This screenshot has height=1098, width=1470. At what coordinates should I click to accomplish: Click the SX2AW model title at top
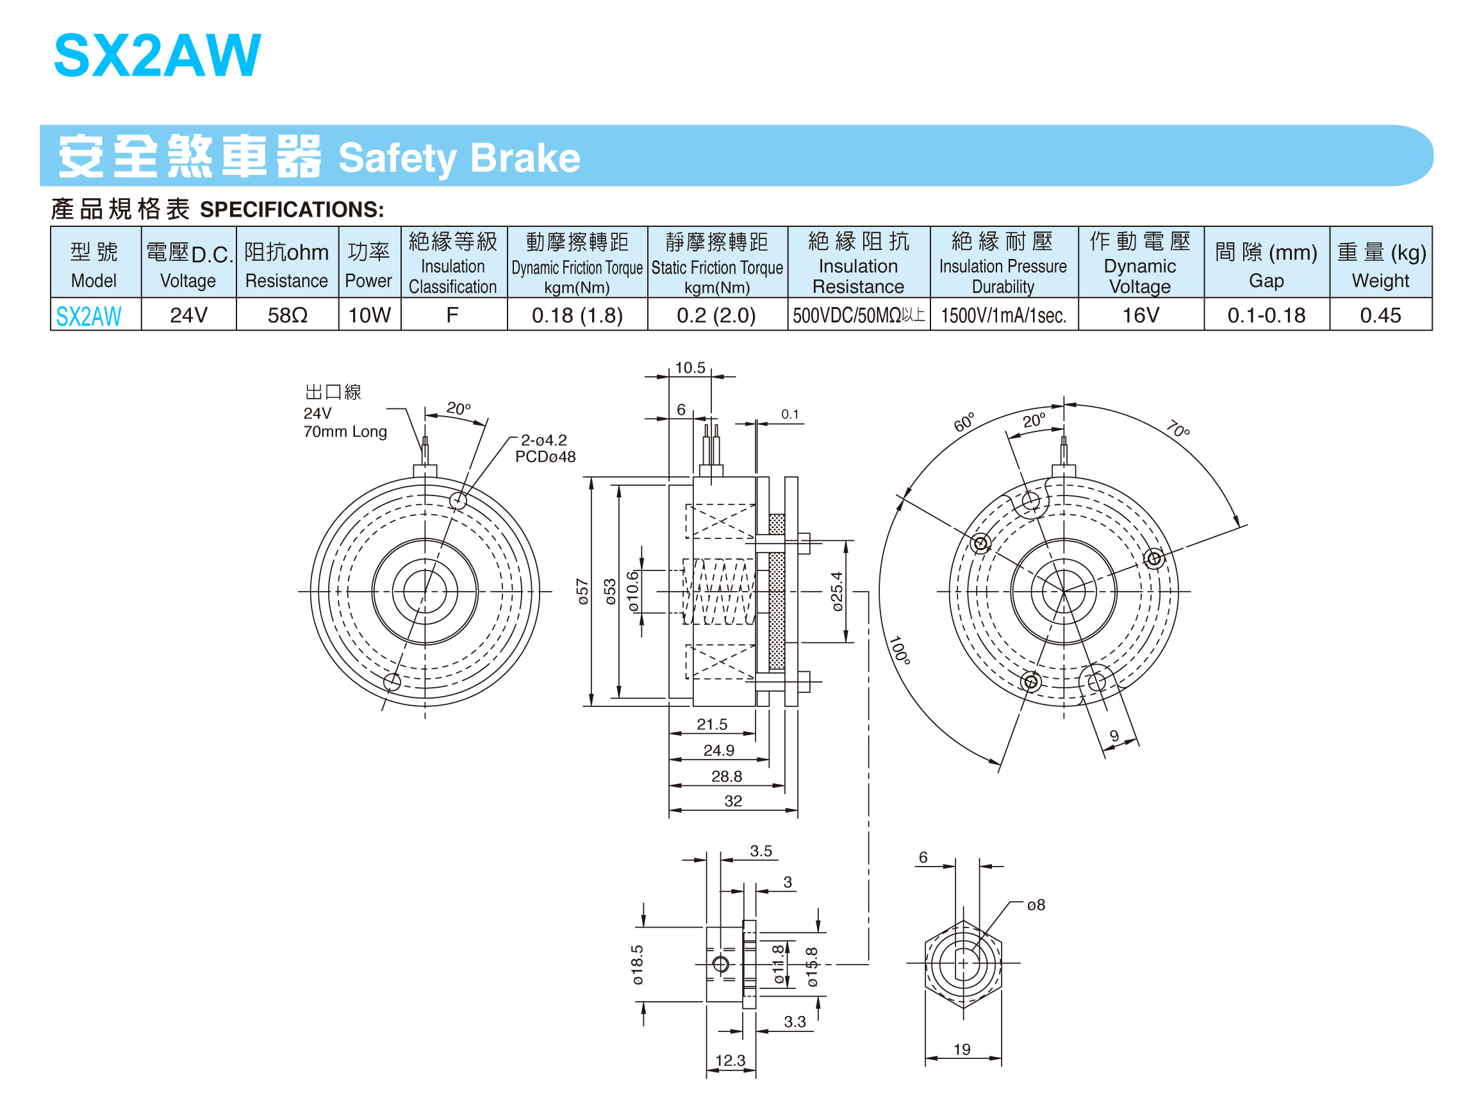[x=158, y=55]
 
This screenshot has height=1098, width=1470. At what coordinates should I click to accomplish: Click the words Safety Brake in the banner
[x=459, y=158]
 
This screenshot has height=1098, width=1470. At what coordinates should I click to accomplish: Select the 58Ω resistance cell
[x=287, y=315]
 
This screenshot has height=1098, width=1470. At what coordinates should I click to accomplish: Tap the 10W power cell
[x=370, y=315]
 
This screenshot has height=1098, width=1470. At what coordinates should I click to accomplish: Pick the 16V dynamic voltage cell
[x=1141, y=315]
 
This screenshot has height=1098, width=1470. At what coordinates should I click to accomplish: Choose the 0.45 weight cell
[x=1380, y=315]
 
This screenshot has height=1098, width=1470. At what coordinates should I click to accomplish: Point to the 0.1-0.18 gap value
[x=1266, y=315]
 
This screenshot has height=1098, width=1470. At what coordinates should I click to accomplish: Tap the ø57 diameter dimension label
[x=583, y=591]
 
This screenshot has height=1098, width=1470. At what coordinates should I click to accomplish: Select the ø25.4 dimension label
[x=838, y=591]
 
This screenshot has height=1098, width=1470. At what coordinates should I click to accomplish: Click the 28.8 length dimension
[x=727, y=776]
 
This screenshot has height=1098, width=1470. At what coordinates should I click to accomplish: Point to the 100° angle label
[x=899, y=650]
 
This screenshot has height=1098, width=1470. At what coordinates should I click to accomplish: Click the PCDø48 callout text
[x=545, y=456]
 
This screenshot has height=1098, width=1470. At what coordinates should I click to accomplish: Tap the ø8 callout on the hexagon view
[x=1036, y=904]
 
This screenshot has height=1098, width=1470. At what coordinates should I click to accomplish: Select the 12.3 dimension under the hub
[x=731, y=1060]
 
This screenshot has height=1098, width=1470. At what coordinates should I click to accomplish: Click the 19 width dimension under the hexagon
[x=962, y=1049]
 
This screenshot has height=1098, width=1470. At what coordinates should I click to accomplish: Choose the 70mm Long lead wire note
[x=345, y=431]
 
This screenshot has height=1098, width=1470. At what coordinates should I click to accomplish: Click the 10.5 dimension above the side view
[x=690, y=367]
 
